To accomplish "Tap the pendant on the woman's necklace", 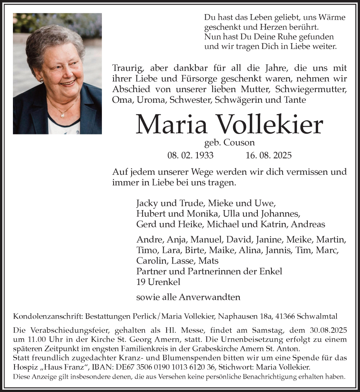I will tap(62, 115).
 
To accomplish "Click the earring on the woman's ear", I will tap(41, 80).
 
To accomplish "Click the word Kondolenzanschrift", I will tap(42, 316).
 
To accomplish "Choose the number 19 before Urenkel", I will tap(141, 281).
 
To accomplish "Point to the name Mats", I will tap(209, 261).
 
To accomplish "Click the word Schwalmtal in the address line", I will tap(324, 316).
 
